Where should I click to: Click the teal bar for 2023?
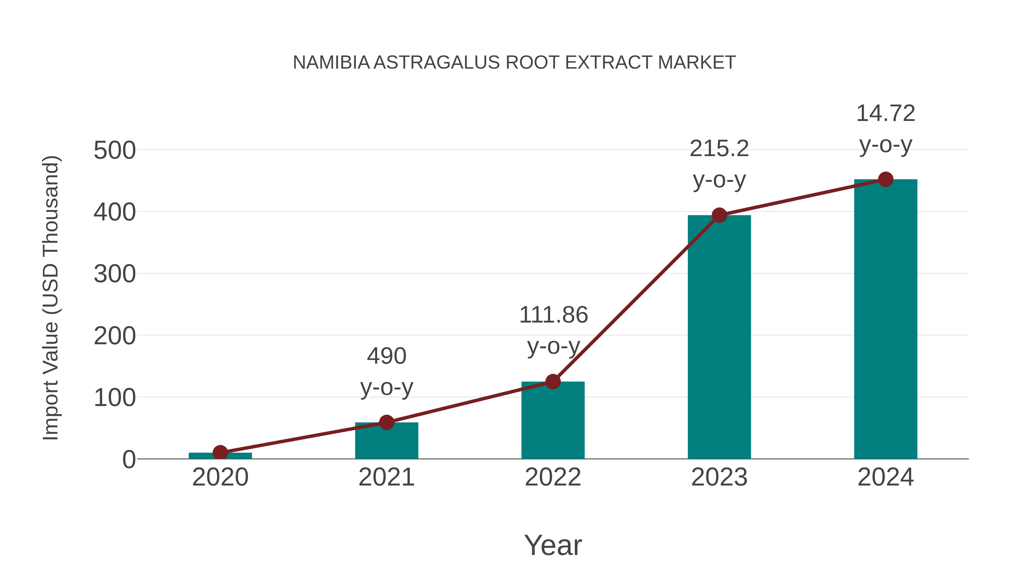pyautogui.click(x=719, y=340)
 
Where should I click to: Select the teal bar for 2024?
pyautogui.click(x=886, y=320)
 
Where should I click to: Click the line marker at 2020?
pyautogui.click(x=220, y=453)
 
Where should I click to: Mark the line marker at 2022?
pyautogui.click(x=553, y=382)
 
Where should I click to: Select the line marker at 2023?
pyautogui.click(x=719, y=215)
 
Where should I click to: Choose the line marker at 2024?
pyautogui.click(x=886, y=179)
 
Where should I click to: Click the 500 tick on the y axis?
pyautogui.click(x=115, y=151)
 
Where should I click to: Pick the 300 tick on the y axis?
pyautogui.click(x=115, y=274)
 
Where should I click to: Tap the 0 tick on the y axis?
pyautogui.click(x=129, y=459)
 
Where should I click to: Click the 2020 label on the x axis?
pyautogui.click(x=220, y=477)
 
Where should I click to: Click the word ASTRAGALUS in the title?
pyautogui.click(x=436, y=62)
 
